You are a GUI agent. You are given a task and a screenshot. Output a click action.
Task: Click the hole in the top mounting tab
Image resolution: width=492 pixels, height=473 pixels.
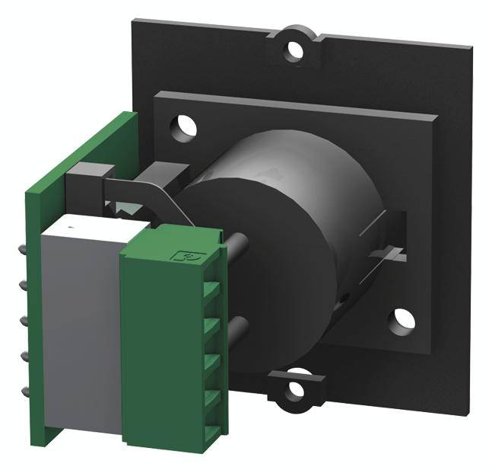coord(294,51)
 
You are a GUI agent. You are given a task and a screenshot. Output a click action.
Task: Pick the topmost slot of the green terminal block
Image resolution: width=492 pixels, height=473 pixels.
coord(211,290)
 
